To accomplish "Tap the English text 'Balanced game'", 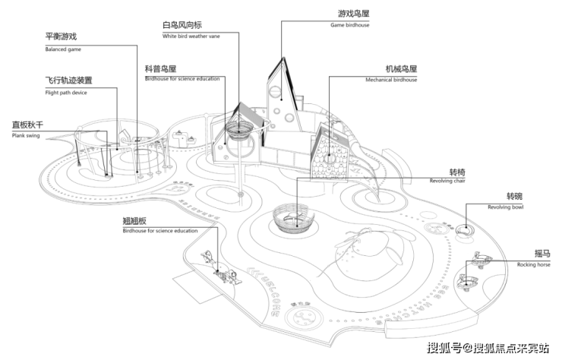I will (63, 49).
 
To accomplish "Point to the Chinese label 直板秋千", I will (27, 124).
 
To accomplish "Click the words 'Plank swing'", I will (27, 137).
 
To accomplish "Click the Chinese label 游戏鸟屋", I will (352, 13).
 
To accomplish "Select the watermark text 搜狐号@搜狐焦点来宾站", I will (488, 348).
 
